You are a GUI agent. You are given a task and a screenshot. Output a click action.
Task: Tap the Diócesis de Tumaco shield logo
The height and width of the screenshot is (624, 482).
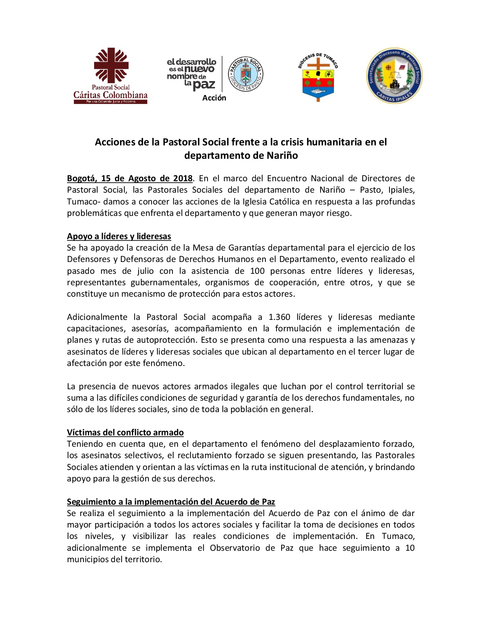click(318, 77)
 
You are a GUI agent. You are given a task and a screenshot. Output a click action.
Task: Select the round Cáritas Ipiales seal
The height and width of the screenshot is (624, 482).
click(394, 76)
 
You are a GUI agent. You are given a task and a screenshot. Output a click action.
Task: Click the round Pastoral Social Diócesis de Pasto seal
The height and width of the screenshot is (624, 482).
click(246, 74)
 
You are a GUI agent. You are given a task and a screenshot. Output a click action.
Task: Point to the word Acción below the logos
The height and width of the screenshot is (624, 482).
click(214, 98)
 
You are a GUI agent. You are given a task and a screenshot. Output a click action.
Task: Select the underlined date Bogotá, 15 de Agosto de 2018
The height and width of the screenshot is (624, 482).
click(130, 178)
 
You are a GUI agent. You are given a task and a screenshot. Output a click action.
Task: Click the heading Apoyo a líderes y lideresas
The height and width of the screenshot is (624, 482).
click(119, 236)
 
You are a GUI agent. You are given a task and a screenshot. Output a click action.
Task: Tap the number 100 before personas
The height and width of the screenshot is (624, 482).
click(257, 271)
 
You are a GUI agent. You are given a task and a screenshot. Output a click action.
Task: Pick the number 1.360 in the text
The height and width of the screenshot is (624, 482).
click(279, 317)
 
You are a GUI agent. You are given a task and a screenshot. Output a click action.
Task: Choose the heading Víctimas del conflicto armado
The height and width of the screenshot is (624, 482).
click(125, 432)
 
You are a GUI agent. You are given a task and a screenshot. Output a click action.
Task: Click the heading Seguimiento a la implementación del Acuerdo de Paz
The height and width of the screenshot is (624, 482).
click(171, 501)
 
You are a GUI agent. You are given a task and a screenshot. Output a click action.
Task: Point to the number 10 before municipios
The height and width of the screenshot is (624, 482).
click(410, 548)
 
